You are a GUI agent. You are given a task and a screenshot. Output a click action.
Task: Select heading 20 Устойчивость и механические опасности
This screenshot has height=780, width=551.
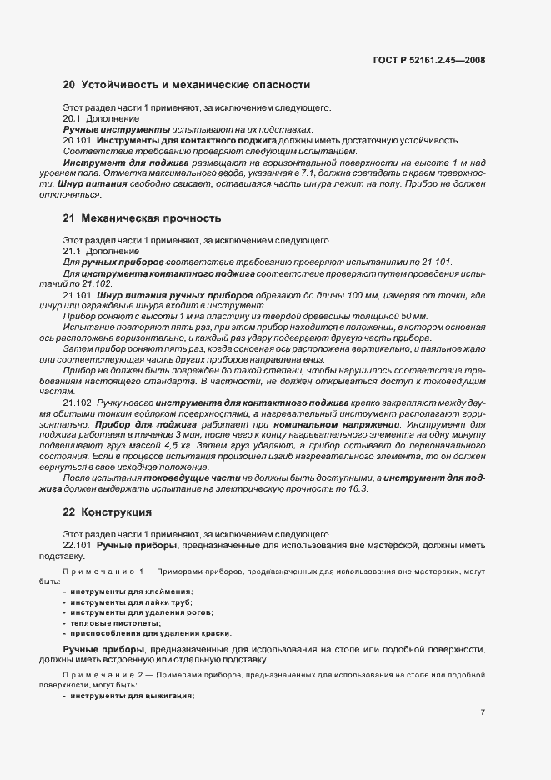pyautogui.click(x=187, y=85)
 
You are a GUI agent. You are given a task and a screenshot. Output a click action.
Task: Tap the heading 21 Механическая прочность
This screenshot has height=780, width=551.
pyautogui.click(x=142, y=218)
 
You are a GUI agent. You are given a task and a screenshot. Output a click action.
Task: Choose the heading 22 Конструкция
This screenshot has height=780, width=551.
pyautogui.click(x=108, y=512)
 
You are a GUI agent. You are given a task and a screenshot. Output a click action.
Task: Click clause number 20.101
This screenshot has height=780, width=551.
pyautogui.click(x=78, y=141)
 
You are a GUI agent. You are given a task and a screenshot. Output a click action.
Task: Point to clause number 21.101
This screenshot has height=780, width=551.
pyautogui.click(x=78, y=294)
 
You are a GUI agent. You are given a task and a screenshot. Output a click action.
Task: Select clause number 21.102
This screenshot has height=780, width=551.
pyautogui.click(x=78, y=402)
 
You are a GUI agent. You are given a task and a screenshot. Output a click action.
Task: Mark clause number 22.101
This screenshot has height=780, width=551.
pyautogui.click(x=78, y=544)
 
